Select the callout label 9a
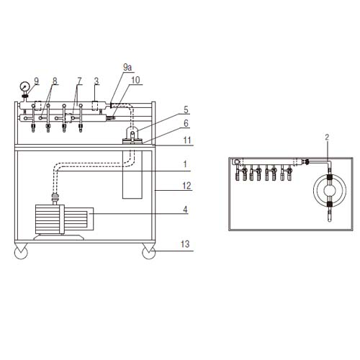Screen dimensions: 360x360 [x=127, y=67]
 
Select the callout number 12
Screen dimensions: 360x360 [x=187, y=186]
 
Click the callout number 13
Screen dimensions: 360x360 [x=186, y=245]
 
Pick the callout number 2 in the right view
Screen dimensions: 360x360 [x=327, y=136]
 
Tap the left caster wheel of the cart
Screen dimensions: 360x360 [x=20, y=252]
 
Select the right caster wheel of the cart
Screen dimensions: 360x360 [x=150, y=252]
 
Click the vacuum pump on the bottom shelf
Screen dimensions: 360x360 [x=61, y=218]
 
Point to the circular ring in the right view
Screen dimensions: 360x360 [x=329, y=191]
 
